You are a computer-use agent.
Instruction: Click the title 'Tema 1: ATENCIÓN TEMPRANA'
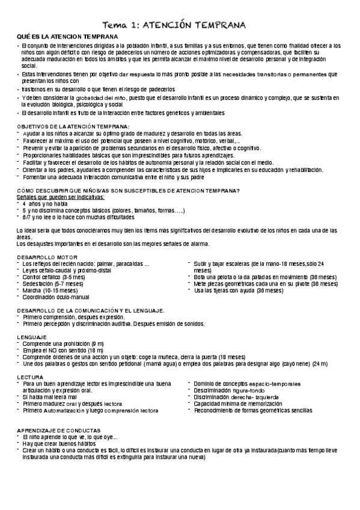point(180,25)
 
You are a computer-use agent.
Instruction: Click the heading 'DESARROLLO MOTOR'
point(43,257)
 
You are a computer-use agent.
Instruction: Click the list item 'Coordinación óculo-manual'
point(55,297)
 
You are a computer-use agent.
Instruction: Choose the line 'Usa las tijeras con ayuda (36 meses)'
point(239,290)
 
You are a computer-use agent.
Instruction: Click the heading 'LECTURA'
point(28,376)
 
